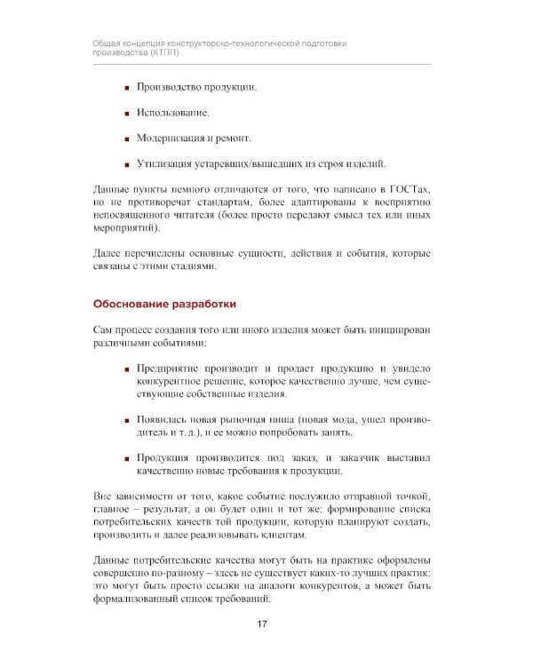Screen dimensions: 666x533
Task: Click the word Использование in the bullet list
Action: [173, 113]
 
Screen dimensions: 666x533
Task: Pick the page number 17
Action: [262, 624]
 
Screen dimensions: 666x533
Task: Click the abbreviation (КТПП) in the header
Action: [161, 52]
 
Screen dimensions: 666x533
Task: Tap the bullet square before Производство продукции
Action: [126, 88]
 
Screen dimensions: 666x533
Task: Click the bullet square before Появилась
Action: [126, 418]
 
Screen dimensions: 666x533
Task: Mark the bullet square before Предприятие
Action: [126, 368]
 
